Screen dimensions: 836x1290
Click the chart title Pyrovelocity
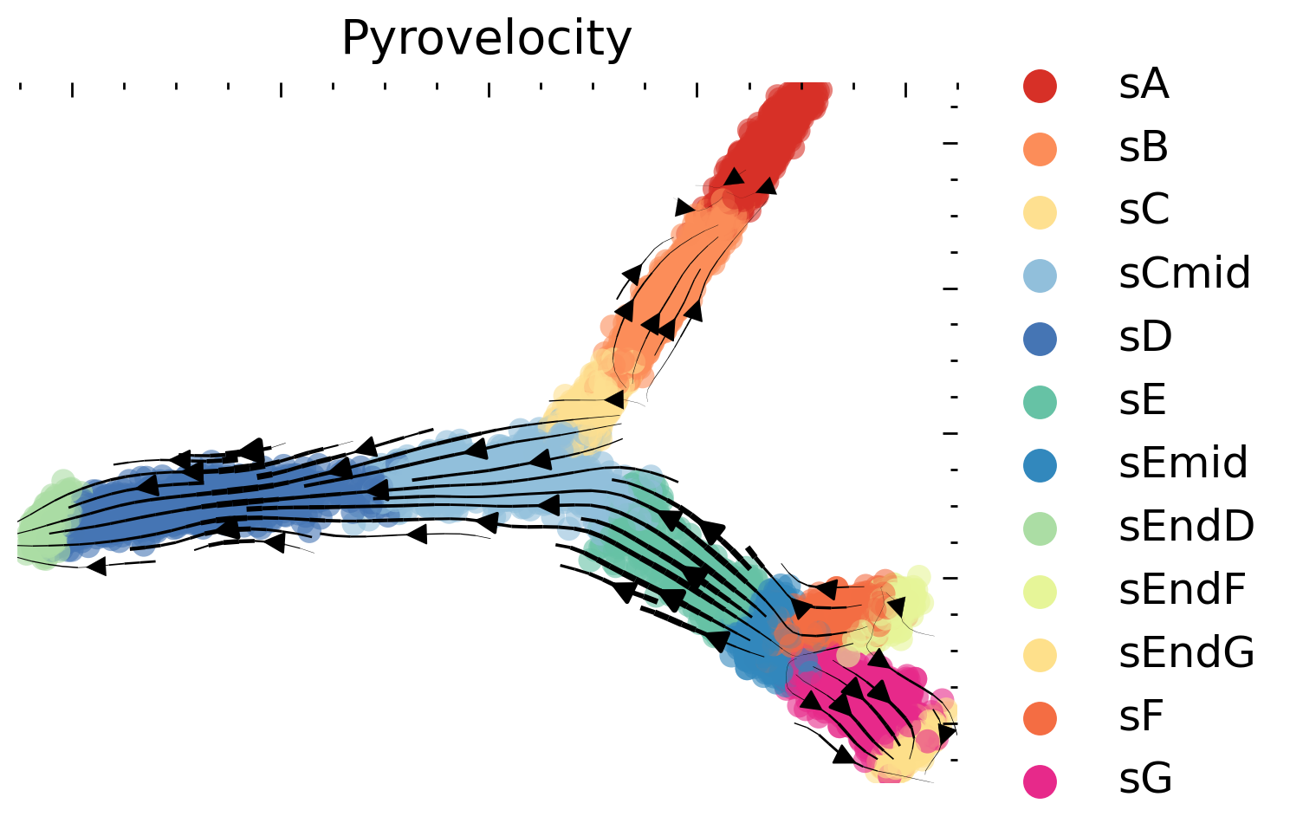(x=486, y=39)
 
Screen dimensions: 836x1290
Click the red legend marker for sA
(x=1040, y=85)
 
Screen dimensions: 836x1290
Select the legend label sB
(x=1144, y=148)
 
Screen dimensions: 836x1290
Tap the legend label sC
(x=1144, y=211)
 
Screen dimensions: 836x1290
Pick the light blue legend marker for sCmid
(x=1040, y=275)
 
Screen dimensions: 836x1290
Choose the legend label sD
(x=1145, y=338)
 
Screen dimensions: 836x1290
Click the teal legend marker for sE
(x=1040, y=401)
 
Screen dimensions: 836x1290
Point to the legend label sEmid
(x=1183, y=464)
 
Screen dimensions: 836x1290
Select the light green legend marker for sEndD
(x=1040, y=528)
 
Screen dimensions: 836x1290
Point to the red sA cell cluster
(x=771, y=139)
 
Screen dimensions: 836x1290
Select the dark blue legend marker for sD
(x=1040, y=338)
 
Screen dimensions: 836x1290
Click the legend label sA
(x=1144, y=85)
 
